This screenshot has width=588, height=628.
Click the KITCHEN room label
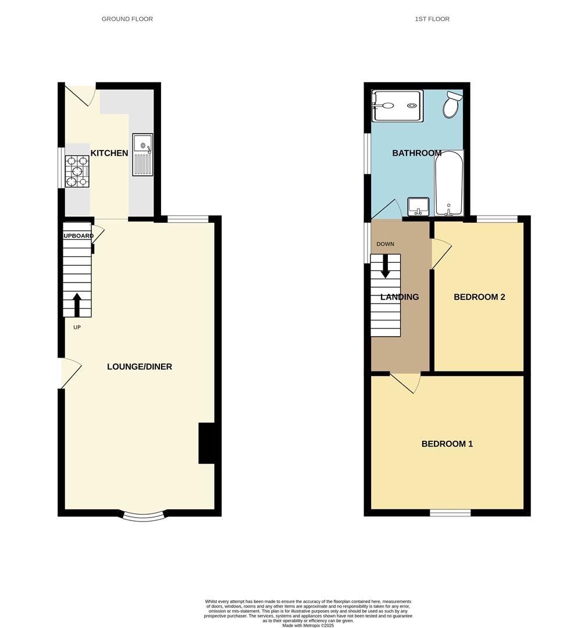pyautogui.click(x=109, y=153)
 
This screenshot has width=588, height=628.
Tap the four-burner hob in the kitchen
pyautogui.click(x=77, y=171)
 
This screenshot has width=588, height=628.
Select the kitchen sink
pyautogui.click(x=142, y=154)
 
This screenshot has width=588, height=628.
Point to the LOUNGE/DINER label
pyautogui.click(x=140, y=366)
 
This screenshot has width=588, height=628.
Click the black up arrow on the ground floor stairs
pyautogui.click(x=77, y=304)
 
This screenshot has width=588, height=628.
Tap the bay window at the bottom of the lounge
pyautogui.click(x=144, y=515)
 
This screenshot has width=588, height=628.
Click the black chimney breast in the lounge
pyautogui.click(x=206, y=443)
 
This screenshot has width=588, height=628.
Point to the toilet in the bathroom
pyautogui.click(x=452, y=105)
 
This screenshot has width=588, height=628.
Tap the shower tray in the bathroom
pyautogui.click(x=398, y=105)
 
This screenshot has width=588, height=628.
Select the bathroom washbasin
pyautogui.click(x=419, y=205)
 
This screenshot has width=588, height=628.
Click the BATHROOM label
pyautogui.click(x=416, y=153)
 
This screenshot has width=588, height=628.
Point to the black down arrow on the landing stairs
pyautogui.click(x=385, y=266)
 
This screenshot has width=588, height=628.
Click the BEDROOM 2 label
pyautogui.click(x=479, y=297)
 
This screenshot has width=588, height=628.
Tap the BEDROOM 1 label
pyautogui.click(x=447, y=444)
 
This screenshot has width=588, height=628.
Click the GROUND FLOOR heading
pyautogui.click(x=127, y=19)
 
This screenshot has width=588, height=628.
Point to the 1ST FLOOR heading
pyautogui.click(x=432, y=19)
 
